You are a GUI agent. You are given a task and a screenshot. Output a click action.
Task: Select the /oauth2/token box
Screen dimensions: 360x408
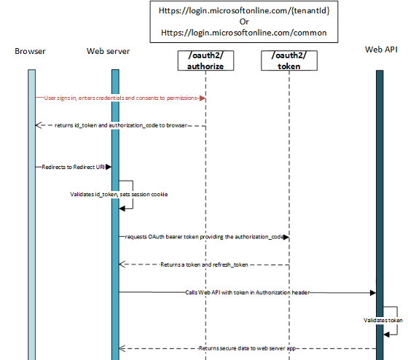(x=289, y=60)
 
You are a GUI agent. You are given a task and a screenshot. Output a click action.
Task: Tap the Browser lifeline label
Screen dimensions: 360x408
(x=30, y=52)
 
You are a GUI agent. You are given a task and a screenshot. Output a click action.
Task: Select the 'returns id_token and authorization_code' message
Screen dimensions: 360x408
(x=122, y=125)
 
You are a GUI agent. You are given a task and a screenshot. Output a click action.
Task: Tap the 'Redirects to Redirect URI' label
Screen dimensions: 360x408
(x=73, y=167)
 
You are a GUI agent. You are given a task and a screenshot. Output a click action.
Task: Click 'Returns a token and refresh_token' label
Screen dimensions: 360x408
(x=205, y=265)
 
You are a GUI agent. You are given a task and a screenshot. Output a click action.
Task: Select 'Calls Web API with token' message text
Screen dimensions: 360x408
(x=248, y=292)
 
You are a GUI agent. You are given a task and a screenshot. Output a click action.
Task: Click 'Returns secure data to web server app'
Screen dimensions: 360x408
(x=247, y=348)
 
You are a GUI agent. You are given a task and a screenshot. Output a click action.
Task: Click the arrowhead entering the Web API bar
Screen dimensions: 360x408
(x=372, y=292)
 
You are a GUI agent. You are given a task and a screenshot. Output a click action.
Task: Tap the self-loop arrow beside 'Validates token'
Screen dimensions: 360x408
(x=393, y=321)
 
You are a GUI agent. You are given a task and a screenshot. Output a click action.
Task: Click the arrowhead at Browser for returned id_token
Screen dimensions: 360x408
(x=38, y=125)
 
